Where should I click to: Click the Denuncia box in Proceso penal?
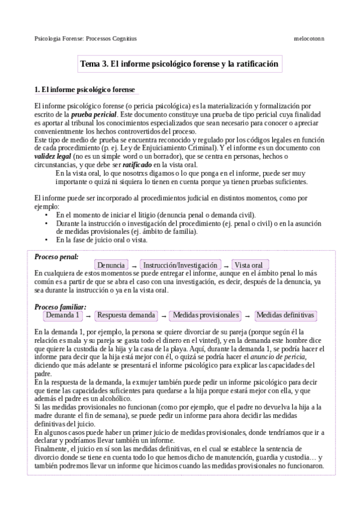click(x=111, y=265)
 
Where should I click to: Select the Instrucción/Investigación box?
click(x=180, y=265)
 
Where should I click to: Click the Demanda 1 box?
click(x=63, y=315)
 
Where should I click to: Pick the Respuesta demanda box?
click(x=126, y=315)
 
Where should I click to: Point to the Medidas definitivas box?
click(x=285, y=315)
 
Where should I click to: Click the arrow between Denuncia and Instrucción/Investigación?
click(x=134, y=266)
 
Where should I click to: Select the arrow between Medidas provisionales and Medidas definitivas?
click(x=246, y=316)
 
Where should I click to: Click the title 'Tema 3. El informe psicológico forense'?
click(x=179, y=63)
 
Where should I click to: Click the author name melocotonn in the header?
click(x=308, y=38)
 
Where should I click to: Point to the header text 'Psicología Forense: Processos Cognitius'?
click(x=85, y=38)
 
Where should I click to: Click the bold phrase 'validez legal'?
click(x=53, y=156)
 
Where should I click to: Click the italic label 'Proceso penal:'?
click(x=56, y=257)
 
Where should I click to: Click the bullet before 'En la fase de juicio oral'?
click(x=47, y=240)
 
